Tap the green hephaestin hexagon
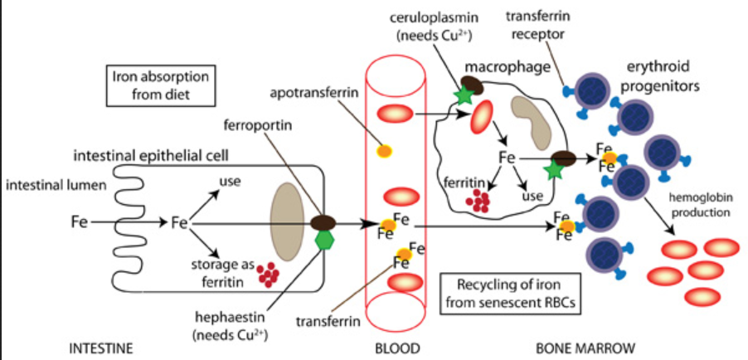[323, 239]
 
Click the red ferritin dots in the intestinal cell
[268, 274]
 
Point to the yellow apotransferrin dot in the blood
[385, 150]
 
